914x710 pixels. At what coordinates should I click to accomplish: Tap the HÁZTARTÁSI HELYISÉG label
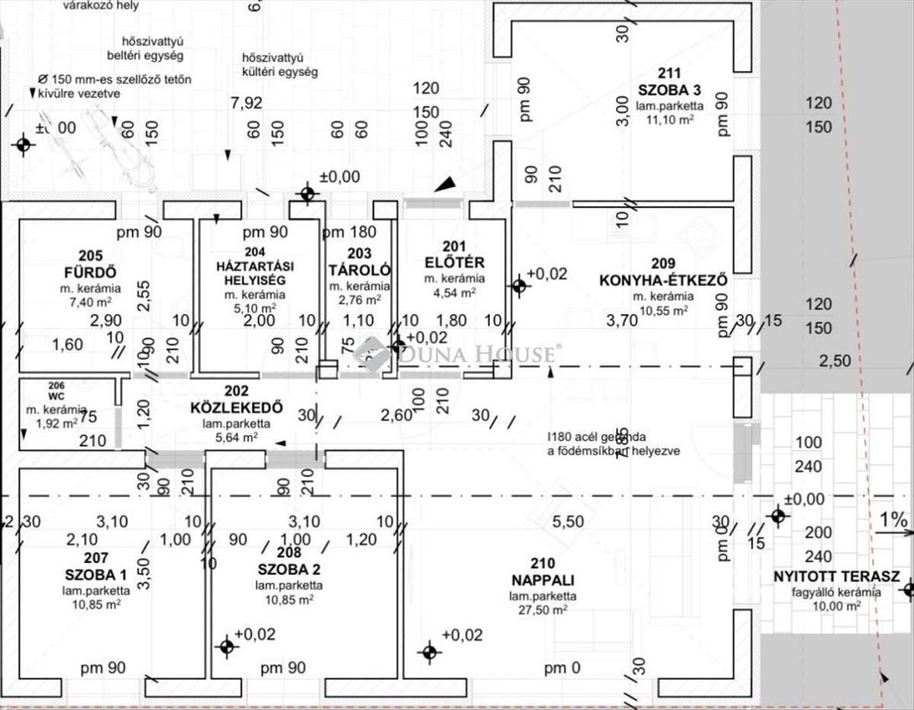(255, 272)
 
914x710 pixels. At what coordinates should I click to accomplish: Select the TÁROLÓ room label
(360, 270)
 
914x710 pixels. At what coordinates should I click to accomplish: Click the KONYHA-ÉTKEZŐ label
(663, 280)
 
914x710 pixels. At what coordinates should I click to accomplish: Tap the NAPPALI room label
(542, 580)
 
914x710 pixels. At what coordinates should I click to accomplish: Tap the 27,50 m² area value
(543, 610)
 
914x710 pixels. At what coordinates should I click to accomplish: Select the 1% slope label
(893, 520)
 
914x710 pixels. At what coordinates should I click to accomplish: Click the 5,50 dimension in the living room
(567, 523)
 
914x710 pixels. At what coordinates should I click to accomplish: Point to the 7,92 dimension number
(246, 103)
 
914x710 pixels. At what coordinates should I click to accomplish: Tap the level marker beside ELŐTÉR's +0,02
(519, 285)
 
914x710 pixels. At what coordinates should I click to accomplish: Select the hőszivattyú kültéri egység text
(280, 65)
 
